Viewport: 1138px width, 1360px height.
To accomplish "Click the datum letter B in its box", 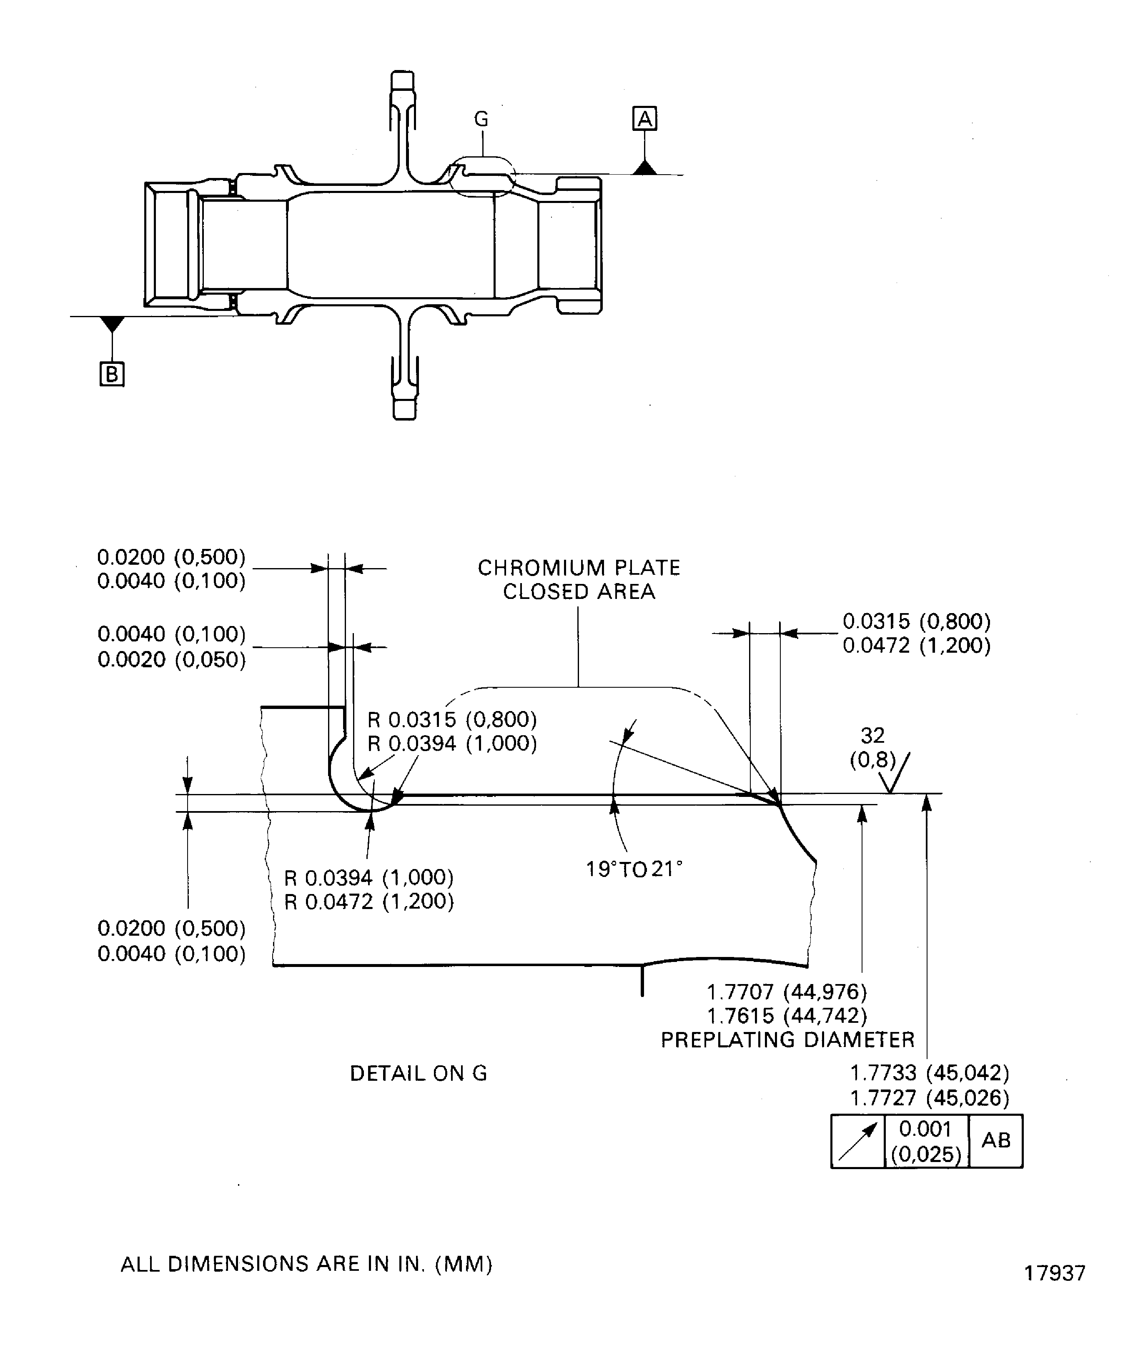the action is coord(111,374).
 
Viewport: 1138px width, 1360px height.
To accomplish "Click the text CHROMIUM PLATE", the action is coord(579,568).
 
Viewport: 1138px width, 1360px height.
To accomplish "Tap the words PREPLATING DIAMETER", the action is coord(787,1040).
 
